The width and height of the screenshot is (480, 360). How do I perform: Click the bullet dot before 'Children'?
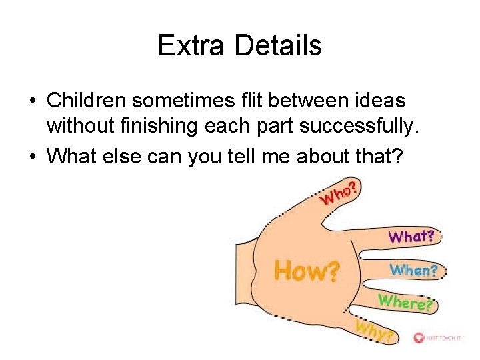33,101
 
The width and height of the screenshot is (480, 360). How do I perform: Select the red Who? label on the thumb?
340,193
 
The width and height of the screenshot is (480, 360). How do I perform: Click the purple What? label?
411,236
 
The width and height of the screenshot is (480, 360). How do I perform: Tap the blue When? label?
413,270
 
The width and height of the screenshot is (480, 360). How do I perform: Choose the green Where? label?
405,302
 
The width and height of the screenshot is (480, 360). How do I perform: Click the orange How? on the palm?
307,271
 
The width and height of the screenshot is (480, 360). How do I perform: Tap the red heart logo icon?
419,338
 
